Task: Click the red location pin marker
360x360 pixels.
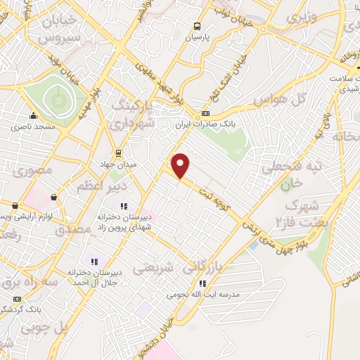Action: pos(181,165)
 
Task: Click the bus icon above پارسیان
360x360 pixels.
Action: pos(198,26)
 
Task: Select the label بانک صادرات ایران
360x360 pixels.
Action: pos(205,124)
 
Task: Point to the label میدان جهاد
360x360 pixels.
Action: pos(118,163)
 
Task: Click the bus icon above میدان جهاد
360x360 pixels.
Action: pos(118,153)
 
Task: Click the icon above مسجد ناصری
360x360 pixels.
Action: pos(32,117)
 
